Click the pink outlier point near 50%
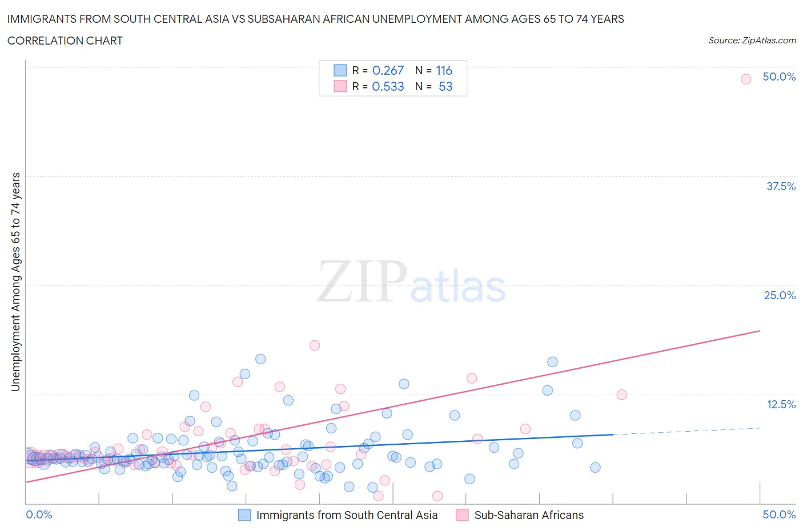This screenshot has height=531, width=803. [x=745, y=79]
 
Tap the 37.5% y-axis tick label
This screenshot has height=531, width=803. [x=781, y=186]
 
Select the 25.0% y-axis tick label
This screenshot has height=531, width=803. [x=780, y=295]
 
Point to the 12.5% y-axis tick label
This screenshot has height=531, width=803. [x=781, y=404]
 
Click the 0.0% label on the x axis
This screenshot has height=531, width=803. [x=39, y=515]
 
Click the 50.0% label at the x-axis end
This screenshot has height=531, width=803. [x=779, y=515]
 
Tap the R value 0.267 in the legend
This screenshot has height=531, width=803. [x=388, y=71]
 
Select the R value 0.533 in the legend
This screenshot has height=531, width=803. [x=388, y=87]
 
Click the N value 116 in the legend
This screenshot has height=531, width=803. [x=444, y=71]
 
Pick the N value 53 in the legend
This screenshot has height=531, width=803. [x=445, y=87]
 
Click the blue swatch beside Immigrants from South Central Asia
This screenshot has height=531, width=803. [x=244, y=515]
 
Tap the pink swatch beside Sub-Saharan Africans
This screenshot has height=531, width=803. [x=462, y=515]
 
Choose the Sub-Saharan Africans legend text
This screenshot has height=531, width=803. [x=529, y=515]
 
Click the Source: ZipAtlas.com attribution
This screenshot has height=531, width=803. [x=752, y=41]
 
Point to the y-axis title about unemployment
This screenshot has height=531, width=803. [x=16, y=281]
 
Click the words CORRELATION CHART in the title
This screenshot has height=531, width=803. [x=65, y=41]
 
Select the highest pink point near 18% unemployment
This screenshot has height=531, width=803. [x=315, y=345]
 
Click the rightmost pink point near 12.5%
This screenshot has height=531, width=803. [x=621, y=395]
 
